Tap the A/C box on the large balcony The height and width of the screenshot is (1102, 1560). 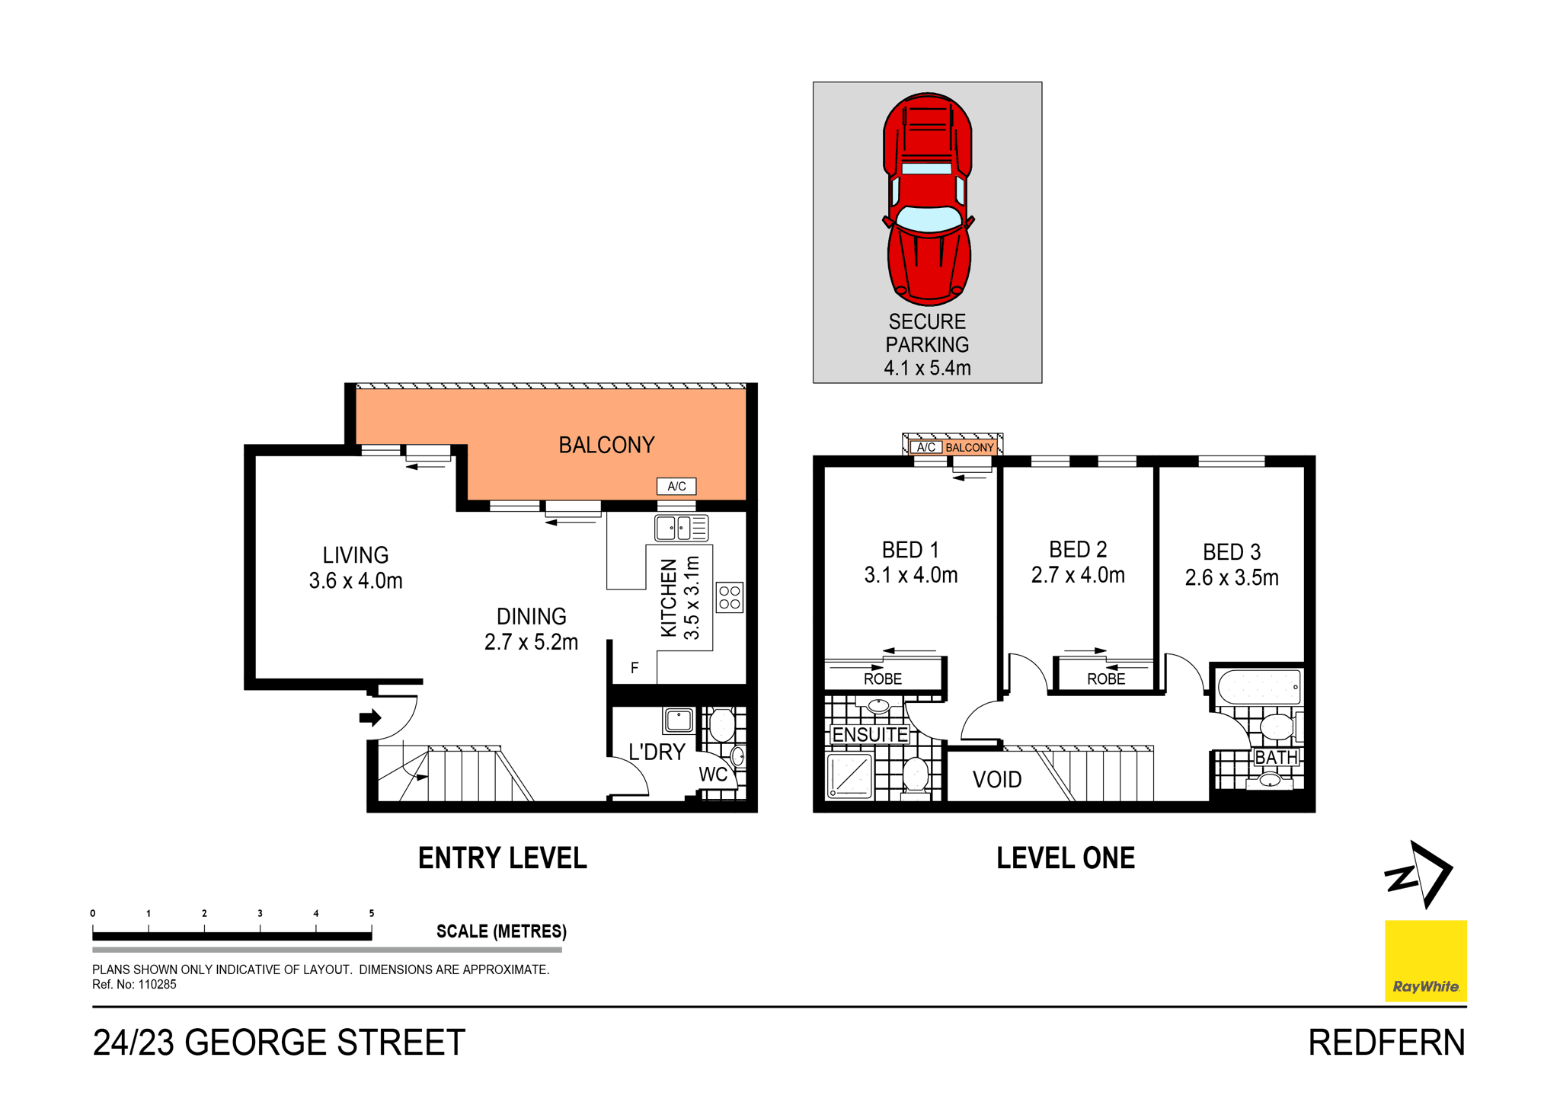(x=676, y=486)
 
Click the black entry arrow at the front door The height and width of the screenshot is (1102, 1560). (x=370, y=717)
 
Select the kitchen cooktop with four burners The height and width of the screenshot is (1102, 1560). (x=729, y=598)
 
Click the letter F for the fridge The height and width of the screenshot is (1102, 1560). (x=635, y=668)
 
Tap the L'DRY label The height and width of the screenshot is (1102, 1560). (x=657, y=752)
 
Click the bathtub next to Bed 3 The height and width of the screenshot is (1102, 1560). (x=1259, y=686)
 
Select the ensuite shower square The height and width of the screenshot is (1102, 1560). (x=850, y=775)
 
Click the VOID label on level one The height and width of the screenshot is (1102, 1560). (x=996, y=780)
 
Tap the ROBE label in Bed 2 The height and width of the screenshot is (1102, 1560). (x=1105, y=679)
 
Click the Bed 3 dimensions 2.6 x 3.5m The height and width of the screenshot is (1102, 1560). (x=1231, y=577)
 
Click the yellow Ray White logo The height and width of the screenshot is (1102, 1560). (x=1425, y=960)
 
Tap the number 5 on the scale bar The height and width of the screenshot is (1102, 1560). (x=372, y=913)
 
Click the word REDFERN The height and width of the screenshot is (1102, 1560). (x=1386, y=1043)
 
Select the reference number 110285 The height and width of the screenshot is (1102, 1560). (x=157, y=985)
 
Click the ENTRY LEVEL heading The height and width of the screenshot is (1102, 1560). (x=503, y=858)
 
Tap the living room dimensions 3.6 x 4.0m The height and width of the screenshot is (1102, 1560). (x=356, y=581)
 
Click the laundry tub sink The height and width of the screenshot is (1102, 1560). (x=678, y=720)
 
